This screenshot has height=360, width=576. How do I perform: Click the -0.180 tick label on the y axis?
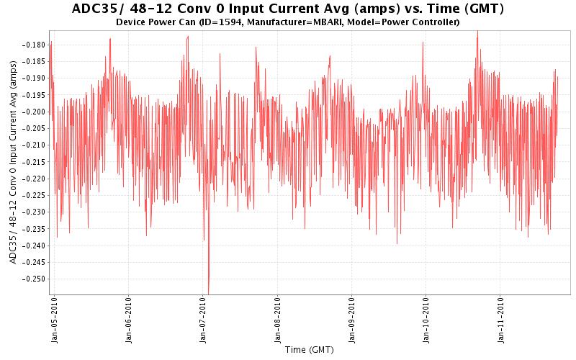click(33, 45)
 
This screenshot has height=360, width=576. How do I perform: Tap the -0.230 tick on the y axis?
click(33, 212)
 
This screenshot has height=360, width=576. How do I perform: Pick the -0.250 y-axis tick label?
click(33, 279)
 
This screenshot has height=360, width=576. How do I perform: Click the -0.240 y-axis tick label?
click(33, 246)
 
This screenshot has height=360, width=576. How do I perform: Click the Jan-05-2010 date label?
click(55, 320)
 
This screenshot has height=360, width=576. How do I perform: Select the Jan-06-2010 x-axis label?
click(129, 320)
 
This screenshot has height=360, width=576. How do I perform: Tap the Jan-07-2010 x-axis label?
click(203, 320)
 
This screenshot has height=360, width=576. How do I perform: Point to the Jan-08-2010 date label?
click(278, 320)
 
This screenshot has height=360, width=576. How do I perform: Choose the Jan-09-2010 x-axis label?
click(352, 320)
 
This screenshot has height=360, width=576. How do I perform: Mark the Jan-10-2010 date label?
click(426, 320)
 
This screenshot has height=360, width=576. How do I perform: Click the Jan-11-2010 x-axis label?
click(500, 320)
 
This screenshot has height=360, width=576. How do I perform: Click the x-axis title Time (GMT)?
click(309, 351)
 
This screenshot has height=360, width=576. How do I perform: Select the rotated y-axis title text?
click(14, 161)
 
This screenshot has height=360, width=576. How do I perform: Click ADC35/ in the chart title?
click(99, 9)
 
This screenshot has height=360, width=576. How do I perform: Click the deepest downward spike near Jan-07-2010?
click(209, 291)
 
